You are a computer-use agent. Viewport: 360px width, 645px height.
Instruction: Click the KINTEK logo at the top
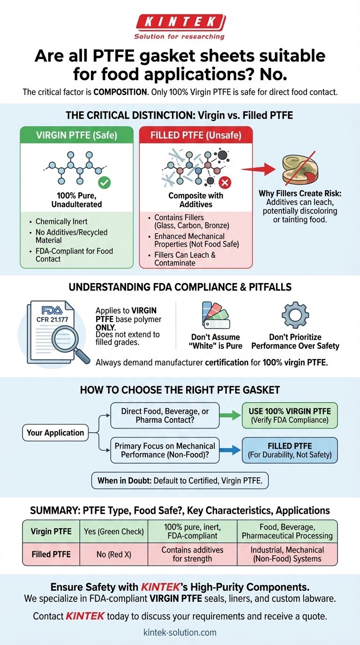[180, 22]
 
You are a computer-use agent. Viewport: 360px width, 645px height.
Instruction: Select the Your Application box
[55, 433]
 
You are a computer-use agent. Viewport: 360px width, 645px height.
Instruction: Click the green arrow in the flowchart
[230, 415]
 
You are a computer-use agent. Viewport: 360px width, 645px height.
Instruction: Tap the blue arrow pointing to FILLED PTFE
[230, 450]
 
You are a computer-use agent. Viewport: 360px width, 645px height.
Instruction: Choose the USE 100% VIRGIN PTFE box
[290, 415]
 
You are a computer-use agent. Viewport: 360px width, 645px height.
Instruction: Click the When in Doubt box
[180, 480]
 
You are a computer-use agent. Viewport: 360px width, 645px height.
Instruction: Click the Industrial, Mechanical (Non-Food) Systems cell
[287, 554]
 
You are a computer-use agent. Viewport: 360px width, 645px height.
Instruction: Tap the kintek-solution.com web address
[180, 632]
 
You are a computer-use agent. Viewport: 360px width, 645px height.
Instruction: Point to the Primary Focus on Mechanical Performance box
[165, 450]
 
